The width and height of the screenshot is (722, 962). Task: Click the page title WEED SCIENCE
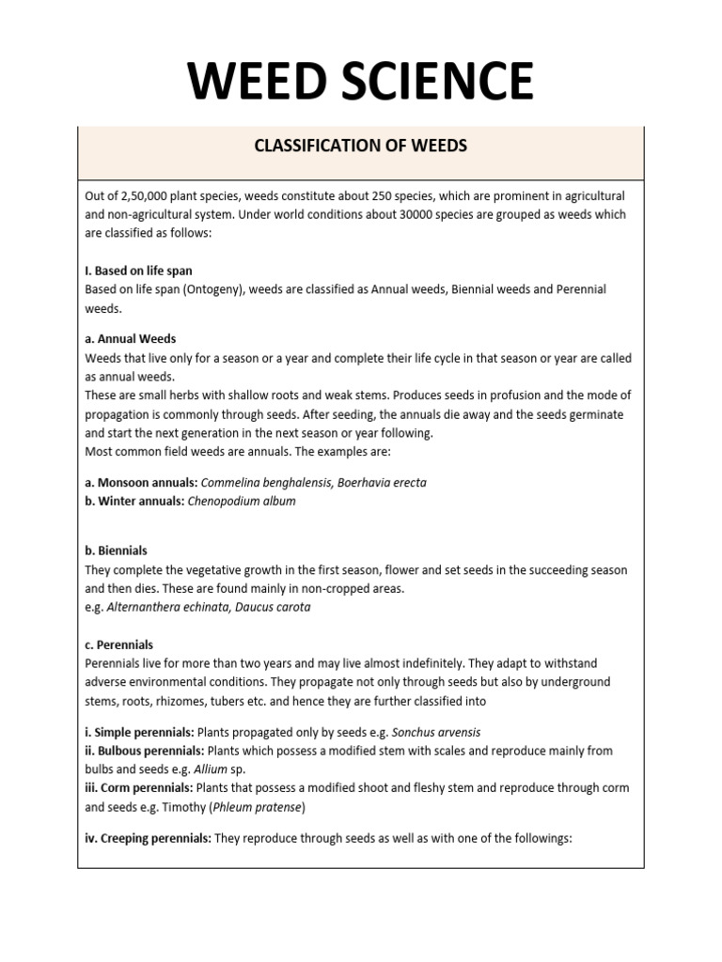361,80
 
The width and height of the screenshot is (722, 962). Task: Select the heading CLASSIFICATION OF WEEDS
361,147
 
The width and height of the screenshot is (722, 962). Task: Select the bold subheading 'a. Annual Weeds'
130,338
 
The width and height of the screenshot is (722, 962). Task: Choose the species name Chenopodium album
242,502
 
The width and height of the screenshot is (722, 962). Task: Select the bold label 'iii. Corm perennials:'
143,788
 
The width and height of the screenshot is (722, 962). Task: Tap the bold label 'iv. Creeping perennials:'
148,837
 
